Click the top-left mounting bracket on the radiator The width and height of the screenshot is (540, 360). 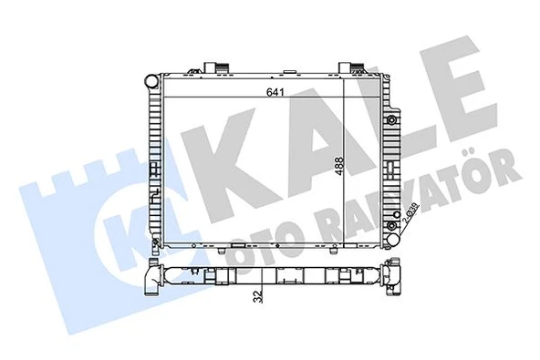tap(213, 66)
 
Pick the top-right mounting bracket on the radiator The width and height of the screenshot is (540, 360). tap(352, 66)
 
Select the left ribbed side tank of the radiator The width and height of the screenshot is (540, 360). tap(158, 164)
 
